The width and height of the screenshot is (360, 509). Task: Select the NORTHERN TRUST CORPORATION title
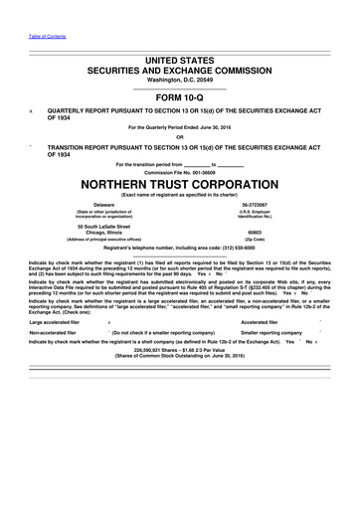pyautogui.click(x=180, y=184)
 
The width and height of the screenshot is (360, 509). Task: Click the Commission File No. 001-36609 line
pyautogui.click(x=180, y=172)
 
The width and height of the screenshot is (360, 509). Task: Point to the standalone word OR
pyautogui.click(x=180, y=136)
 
